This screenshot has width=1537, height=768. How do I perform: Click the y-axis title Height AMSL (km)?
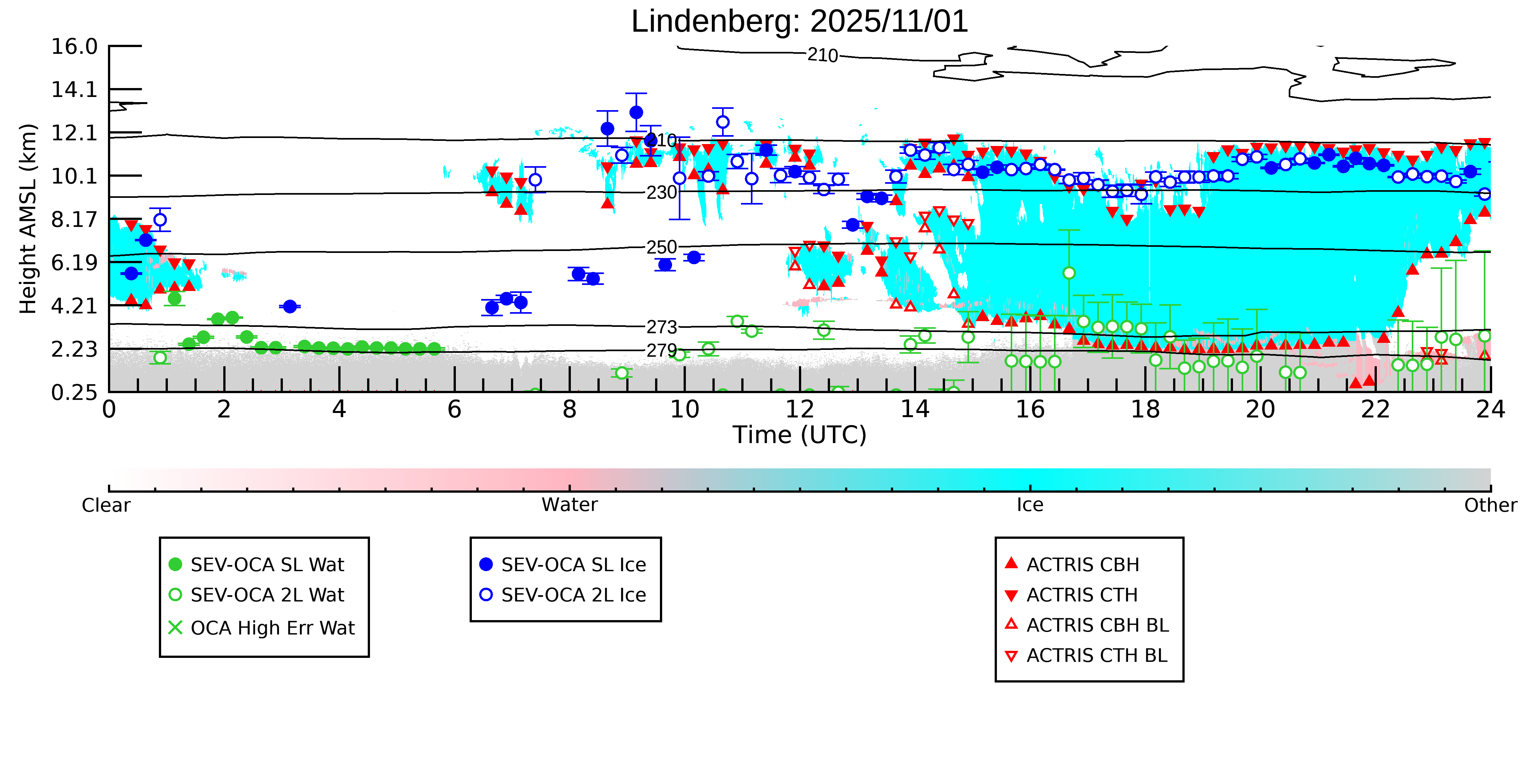point(28,219)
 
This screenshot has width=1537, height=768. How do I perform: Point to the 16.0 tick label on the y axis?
point(74,46)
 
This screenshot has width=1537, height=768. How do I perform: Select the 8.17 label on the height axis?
point(74,219)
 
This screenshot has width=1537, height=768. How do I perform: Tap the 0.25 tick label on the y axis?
point(74,392)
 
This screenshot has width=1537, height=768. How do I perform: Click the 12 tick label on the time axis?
point(800,410)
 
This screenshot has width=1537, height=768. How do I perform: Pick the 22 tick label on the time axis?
point(1375,410)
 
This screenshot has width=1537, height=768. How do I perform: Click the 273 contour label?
point(662,327)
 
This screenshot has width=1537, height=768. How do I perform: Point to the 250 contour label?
point(662,247)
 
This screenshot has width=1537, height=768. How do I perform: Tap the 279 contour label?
point(662,350)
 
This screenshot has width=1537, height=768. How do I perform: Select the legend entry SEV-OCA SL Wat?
point(267,564)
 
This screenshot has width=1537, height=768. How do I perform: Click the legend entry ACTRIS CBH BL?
point(1097,625)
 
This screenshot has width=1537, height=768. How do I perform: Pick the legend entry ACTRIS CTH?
point(1082,594)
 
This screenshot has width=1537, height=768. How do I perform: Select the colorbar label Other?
point(1490,505)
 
